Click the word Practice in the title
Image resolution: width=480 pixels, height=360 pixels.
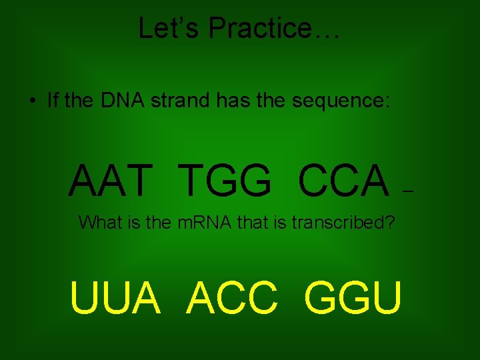(259, 28)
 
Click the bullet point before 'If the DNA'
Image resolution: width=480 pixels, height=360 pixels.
(31, 101)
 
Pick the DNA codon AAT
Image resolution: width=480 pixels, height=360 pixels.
(109, 181)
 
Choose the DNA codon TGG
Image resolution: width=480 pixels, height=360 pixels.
(225, 181)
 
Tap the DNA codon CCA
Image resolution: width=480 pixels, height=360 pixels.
(344, 181)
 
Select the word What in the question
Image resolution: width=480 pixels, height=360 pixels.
(100, 223)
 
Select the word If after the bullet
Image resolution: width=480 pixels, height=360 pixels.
(53, 101)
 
